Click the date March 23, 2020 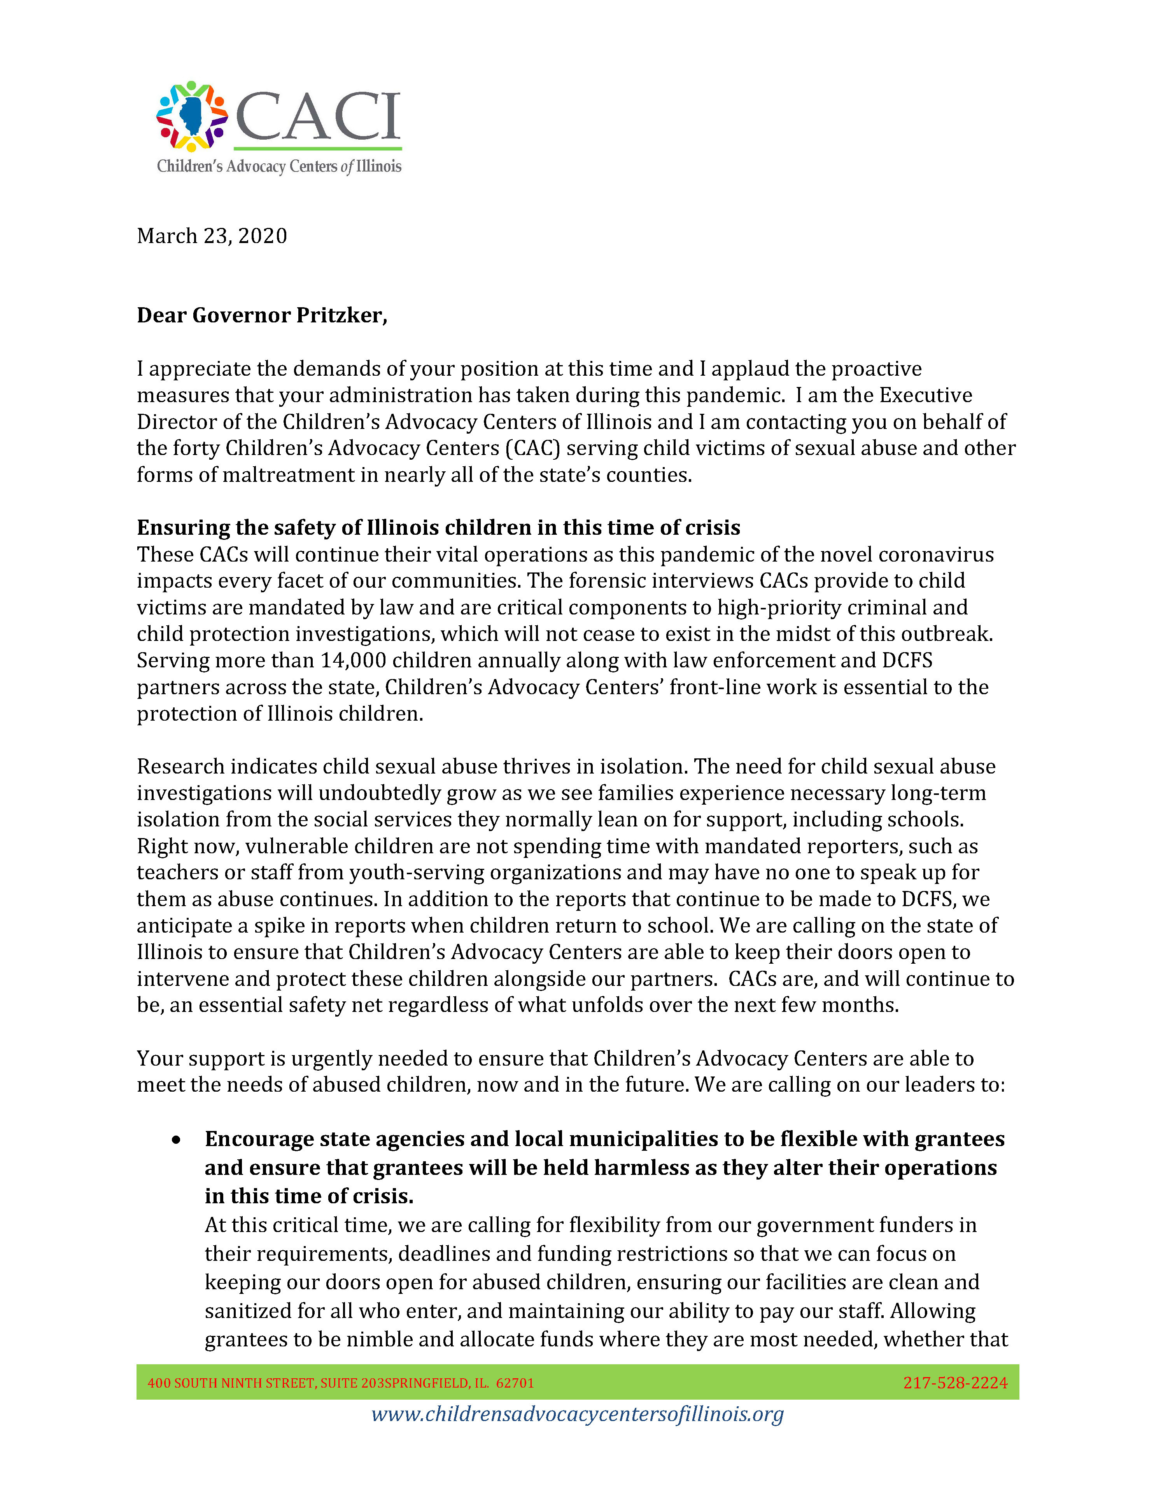pos(212,236)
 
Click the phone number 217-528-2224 pos(955,1383)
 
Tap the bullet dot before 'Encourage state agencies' pos(176,1139)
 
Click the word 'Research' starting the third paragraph pos(180,767)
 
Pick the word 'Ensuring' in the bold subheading pos(183,528)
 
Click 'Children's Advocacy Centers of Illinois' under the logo pos(279,166)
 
